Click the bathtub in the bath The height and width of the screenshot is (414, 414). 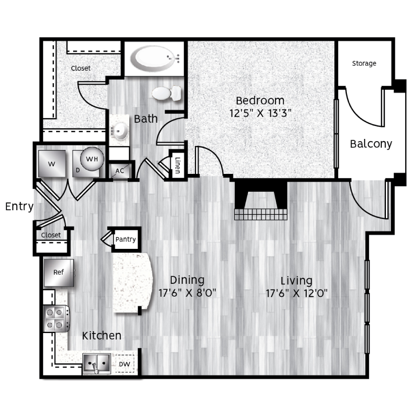[155, 59]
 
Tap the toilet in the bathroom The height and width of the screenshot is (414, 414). [167, 93]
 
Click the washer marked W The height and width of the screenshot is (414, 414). [52, 164]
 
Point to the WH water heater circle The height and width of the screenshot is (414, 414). [92, 159]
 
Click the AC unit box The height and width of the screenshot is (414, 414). [120, 171]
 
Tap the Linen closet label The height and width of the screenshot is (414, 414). [178, 165]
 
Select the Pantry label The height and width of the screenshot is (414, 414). [126, 239]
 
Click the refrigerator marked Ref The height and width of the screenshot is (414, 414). [58, 272]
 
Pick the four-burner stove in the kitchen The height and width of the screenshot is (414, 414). [56, 319]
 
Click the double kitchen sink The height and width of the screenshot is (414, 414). [97, 363]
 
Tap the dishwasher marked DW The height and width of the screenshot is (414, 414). [125, 364]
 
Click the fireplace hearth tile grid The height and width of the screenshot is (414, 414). [261, 214]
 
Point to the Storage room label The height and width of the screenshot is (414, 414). [364, 63]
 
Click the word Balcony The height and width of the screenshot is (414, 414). [371, 144]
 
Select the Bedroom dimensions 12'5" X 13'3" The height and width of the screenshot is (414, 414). [260, 113]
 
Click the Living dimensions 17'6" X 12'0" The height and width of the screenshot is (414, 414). [297, 293]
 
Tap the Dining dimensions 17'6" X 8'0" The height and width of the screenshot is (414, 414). [187, 293]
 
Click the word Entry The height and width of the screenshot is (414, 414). [19, 207]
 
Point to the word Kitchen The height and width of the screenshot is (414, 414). [102, 336]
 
